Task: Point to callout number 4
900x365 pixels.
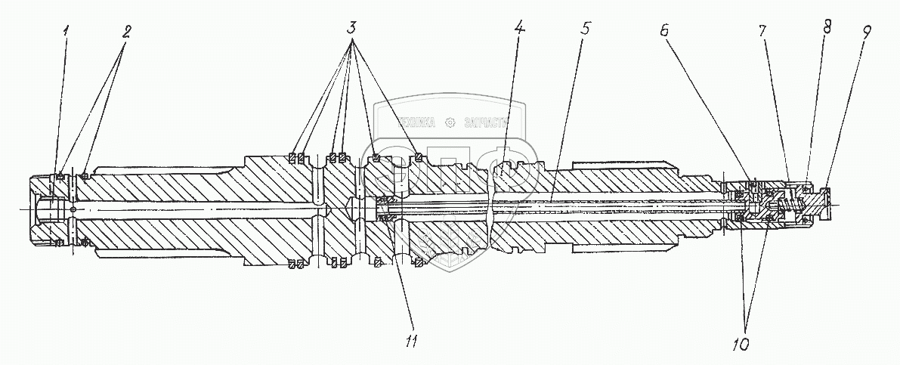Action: coord(518,28)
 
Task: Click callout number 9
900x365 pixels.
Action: coord(866,32)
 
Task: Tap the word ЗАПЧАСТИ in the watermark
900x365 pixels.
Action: coord(484,121)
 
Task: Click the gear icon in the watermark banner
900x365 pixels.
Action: coord(451,121)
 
